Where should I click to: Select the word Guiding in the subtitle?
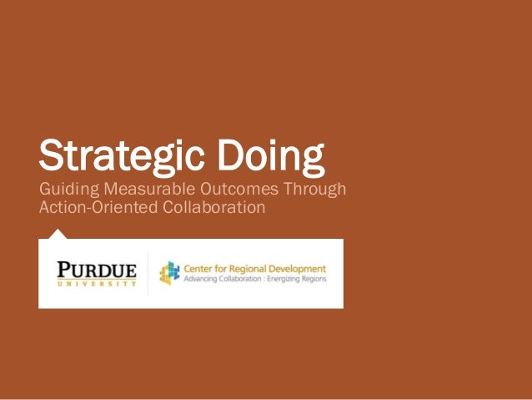68,190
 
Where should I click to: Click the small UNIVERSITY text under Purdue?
96,284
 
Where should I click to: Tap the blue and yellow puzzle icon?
169,273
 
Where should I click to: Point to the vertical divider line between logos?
148,273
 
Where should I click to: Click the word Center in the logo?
200,268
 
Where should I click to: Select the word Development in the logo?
298,268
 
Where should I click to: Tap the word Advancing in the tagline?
201,279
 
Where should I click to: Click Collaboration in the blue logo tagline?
245,279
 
